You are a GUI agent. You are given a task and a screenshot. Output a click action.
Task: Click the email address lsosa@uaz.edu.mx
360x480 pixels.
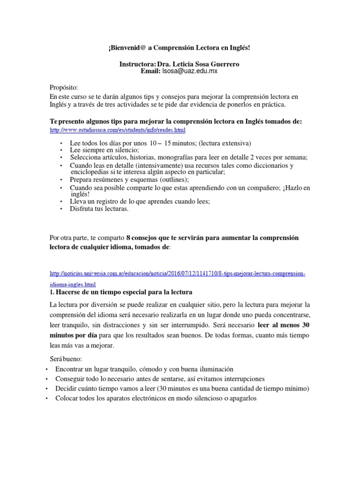tap(189, 71)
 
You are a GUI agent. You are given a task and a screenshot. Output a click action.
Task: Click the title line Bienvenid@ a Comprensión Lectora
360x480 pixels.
tap(180, 48)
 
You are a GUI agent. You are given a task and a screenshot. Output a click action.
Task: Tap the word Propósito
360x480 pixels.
tap(64, 88)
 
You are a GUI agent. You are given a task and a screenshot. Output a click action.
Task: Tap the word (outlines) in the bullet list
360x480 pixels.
tap(171, 180)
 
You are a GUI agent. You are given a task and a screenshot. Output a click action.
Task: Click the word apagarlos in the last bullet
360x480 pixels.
tap(240, 398)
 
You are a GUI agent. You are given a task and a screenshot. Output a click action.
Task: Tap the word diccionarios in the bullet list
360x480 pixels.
tap(274, 165)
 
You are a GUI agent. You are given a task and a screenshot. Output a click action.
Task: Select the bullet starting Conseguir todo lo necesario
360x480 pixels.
tap(160, 379)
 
